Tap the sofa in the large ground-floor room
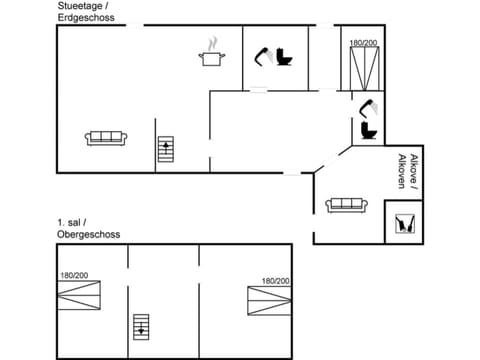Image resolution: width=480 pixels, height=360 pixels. (105, 138)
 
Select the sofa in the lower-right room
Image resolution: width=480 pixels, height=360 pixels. (347, 205)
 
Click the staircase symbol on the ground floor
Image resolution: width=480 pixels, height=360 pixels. (166, 150)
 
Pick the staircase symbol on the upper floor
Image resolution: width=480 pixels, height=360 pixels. (141, 326)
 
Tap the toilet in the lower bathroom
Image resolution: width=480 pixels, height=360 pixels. (367, 130)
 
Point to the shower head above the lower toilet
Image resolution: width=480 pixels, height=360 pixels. (367, 106)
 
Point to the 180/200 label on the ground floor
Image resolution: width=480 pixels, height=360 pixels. (364, 43)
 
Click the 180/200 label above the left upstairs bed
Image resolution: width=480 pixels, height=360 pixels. (74, 276)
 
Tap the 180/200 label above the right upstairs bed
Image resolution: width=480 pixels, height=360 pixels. (276, 281)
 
